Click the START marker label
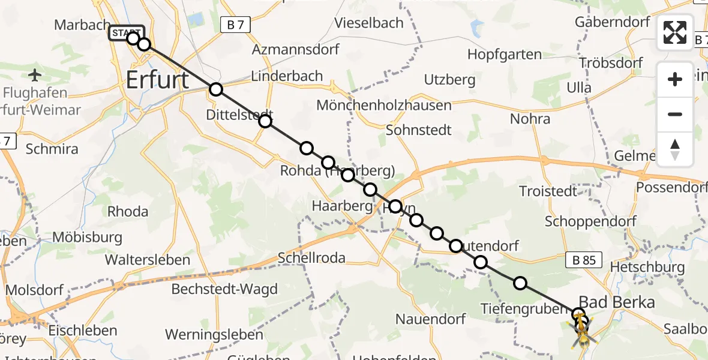125,32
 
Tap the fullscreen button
675,32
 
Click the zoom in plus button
675,79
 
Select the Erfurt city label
157,80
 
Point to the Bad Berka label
616,302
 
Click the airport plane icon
35,76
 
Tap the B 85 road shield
584,260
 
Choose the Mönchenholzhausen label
383,105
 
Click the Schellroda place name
311,258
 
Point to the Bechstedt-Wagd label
224,289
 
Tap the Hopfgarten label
504,55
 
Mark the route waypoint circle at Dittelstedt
265,122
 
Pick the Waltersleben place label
148,260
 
